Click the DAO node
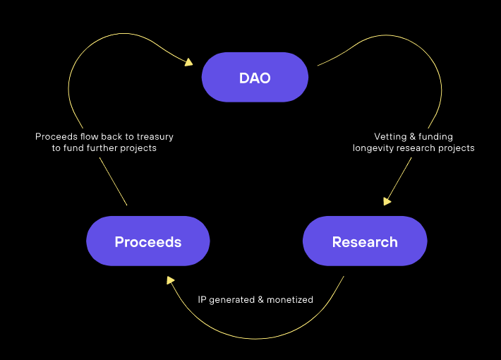tap(255, 78)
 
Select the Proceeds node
tap(148, 241)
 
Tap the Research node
tap(365, 241)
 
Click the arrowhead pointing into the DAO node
tap(188, 62)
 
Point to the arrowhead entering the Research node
tap(387, 201)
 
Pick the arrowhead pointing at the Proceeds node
tap(171, 280)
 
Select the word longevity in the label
tap(375, 148)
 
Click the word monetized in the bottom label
tap(290, 300)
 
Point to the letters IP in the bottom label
tap(202, 300)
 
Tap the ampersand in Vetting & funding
tap(413, 136)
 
